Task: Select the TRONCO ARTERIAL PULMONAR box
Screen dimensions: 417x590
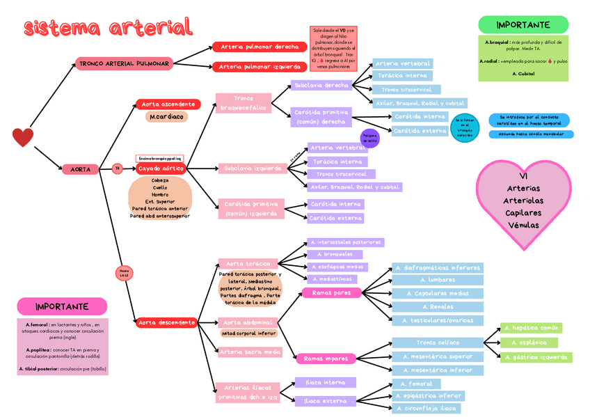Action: [125, 64]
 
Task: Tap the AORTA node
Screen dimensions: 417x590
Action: [80, 169]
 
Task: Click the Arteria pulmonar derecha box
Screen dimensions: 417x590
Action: [260, 47]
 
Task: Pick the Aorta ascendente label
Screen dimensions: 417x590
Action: [168, 104]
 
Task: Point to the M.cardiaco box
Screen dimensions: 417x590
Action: [167, 117]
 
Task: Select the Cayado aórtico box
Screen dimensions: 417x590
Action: [161, 168]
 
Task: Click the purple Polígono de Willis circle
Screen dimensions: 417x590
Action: [369, 138]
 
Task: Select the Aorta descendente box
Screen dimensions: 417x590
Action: [167, 322]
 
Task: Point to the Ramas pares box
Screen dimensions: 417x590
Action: [332, 293]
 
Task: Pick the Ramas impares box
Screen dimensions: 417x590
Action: [326, 359]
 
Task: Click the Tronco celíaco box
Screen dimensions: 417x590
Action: [437, 343]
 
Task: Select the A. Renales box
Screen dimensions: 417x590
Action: [437, 307]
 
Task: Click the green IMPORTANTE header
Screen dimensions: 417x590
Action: [523, 25]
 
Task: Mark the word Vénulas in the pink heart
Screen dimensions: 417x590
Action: [523, 226]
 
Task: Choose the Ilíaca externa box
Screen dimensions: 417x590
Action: [325, 401]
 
